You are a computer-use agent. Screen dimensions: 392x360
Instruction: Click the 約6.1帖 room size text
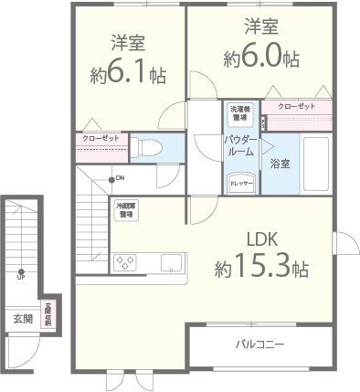[127, 74]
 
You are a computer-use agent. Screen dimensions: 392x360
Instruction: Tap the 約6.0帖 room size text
[261, 58]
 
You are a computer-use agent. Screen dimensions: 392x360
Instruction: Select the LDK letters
[261, 240]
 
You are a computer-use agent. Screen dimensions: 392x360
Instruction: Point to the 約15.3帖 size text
[261, 269]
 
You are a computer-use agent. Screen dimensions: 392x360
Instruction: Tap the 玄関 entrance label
[22, 319]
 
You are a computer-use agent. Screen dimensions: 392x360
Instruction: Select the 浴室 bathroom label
[280, 164]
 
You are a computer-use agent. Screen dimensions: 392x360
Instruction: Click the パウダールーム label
[242, 146]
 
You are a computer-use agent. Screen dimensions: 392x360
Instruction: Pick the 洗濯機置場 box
[239, 112]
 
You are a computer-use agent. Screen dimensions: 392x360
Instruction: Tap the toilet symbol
[152, 146]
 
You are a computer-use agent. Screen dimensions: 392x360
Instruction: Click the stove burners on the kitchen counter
[125, 261]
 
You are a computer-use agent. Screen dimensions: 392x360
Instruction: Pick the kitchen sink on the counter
[171, 262]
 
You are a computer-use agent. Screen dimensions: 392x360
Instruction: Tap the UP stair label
[19, 278]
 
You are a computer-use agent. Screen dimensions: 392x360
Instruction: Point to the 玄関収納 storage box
[48, 314]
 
